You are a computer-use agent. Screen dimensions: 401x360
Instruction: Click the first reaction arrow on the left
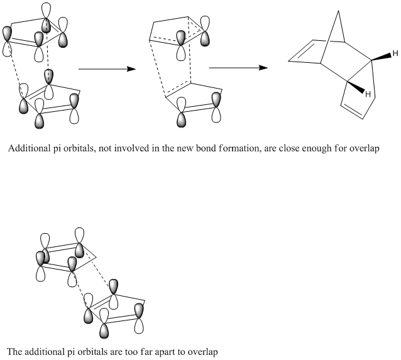tap(107, 69)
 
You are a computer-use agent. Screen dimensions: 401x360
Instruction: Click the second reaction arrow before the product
tap(238, 68)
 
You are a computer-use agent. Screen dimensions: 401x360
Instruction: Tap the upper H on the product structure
tap(395, 53)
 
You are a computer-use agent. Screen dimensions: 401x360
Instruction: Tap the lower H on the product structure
tap(368, 94)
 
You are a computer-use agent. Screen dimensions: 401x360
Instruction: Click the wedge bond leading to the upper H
tap(382, 57)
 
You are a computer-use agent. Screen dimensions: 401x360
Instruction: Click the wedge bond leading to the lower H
tap(356, 87)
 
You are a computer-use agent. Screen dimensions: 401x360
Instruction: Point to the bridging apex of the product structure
tap(339, 11)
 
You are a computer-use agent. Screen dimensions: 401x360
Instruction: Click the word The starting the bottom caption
tap(14, 352)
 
